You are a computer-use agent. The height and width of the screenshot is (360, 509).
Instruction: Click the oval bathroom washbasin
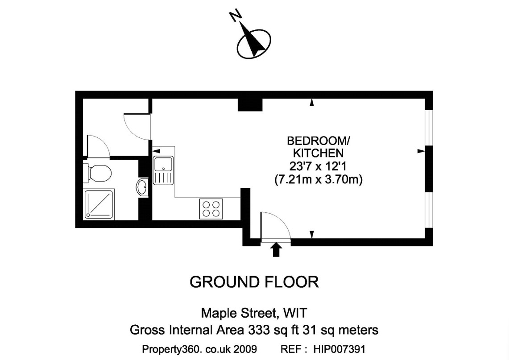[143, 187]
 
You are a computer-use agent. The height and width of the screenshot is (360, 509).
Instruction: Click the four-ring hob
[211, 208]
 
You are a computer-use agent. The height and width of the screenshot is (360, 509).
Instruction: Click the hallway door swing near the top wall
[136, 125]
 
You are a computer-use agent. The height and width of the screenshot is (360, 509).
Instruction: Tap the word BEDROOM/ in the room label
[319, 141]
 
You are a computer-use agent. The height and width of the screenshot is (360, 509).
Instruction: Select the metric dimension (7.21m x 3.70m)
[318, 180]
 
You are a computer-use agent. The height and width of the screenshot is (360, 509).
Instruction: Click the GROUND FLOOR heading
[254, 282]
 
